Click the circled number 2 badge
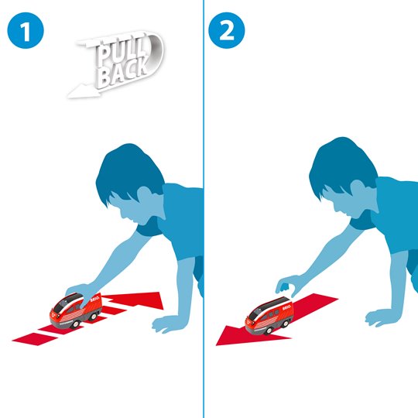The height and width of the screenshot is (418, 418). point(228,30)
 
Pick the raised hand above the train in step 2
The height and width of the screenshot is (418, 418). point(288,285)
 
